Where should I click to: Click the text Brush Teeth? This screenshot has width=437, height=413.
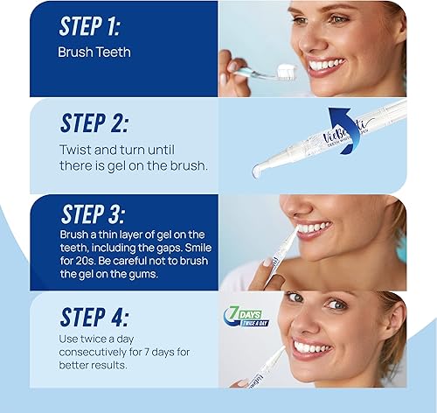point(94,52)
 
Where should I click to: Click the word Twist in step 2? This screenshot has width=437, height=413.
point(75,150)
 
